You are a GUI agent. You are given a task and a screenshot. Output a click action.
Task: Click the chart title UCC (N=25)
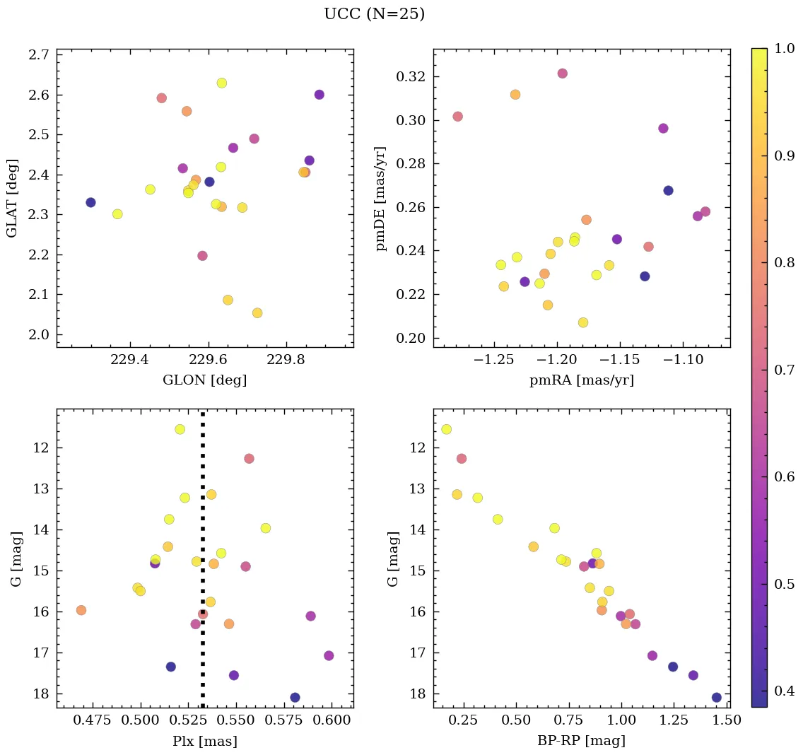pyautogui.click(x=374, y=14)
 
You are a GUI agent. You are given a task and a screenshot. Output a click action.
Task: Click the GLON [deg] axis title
pyautogui.click(x=205, y=380)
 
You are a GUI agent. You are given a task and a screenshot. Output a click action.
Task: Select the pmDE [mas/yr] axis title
pyautogui.click(x=381, y=199)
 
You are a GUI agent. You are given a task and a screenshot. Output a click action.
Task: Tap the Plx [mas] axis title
pyautogui.click(x=205, y=741)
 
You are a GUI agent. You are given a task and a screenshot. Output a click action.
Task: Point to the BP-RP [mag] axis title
pyautogui.click(x=581, y=741)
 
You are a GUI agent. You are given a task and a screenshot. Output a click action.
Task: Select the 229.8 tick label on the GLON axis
pyautogui.click(x=288, y=360)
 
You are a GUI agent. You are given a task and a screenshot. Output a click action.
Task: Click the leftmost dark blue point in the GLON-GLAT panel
pyautogui.click(x=90, y=202)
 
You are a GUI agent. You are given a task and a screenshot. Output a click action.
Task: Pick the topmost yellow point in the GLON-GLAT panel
pyautogui.click(x=221, y=83)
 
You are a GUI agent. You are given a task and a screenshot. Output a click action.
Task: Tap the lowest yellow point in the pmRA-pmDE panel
pyautogui.click(x=582, y=322)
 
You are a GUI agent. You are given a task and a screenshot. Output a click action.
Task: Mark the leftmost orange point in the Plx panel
pyautogui.click(x=81, y=610)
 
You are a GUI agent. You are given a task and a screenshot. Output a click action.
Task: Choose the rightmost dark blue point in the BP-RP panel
pyautogui.click(x=716, y=697)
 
